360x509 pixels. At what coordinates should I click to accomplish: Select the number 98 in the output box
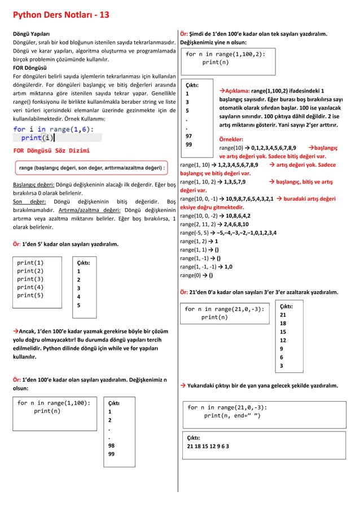pos(111,445)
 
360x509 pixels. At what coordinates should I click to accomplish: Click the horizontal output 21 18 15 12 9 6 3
pos(208,446)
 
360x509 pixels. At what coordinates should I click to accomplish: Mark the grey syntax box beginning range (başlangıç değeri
pos(90,168)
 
